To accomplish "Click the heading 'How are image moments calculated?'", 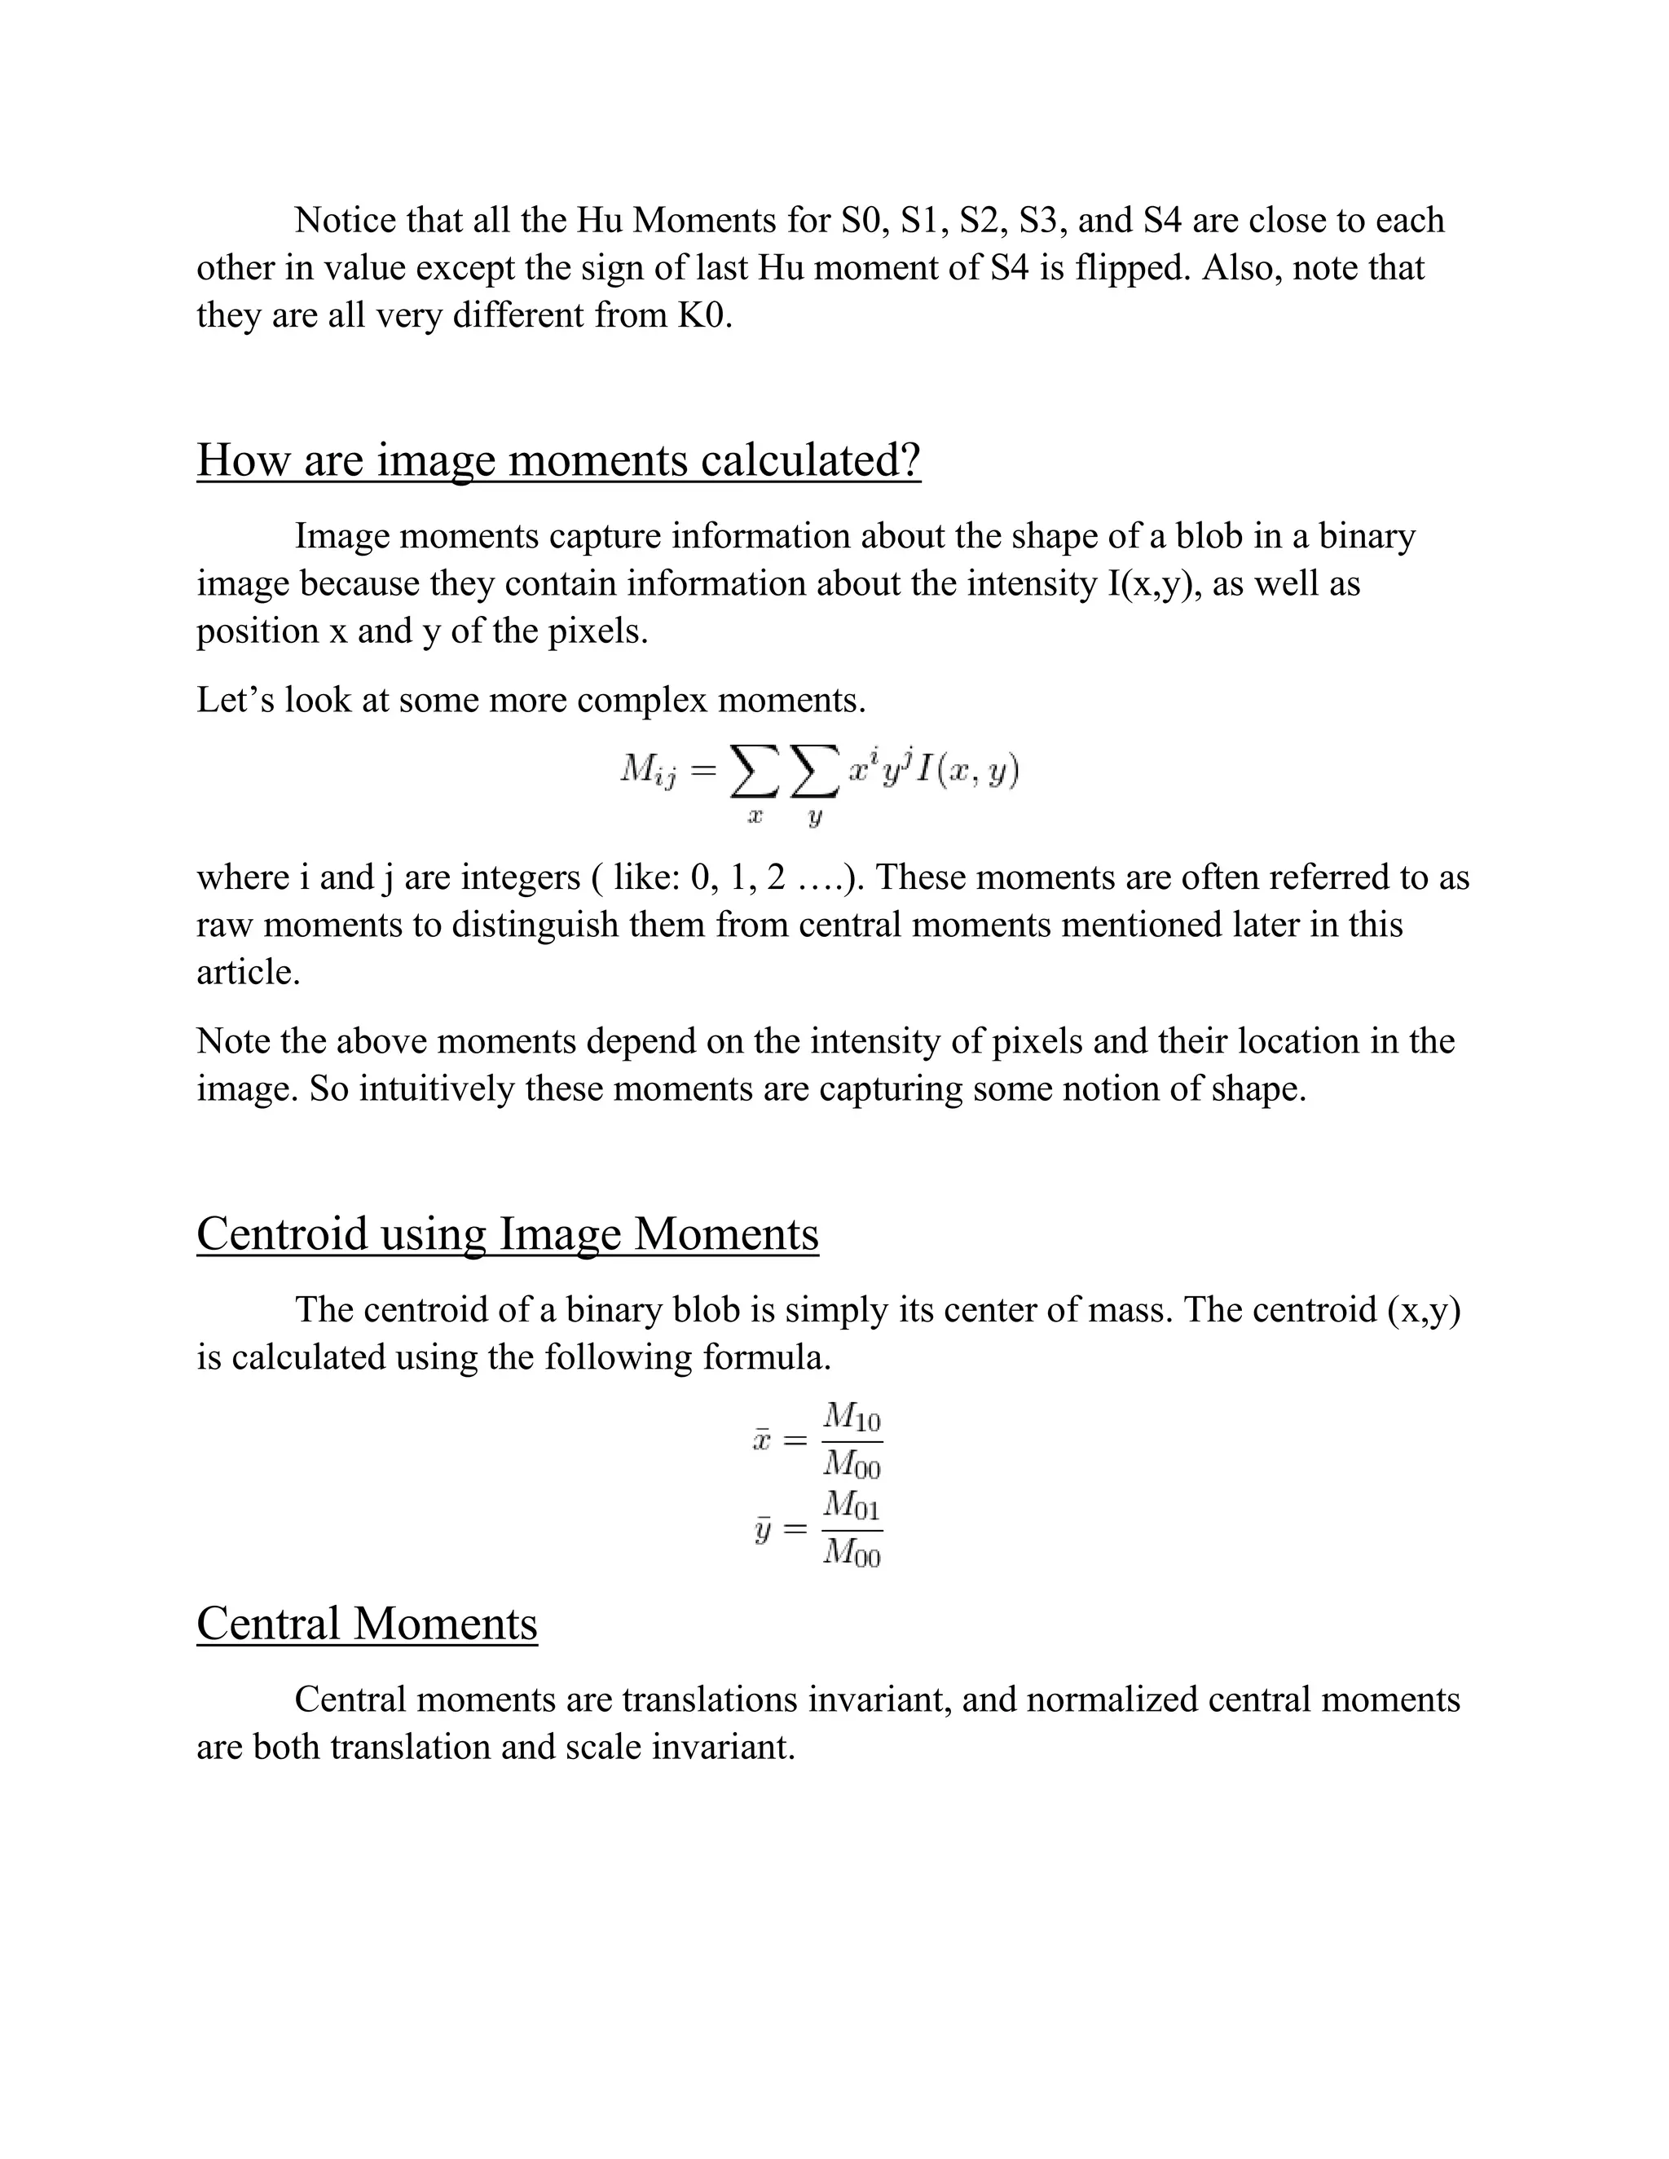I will pos(558,460).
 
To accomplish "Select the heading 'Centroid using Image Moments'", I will pos(507,1234).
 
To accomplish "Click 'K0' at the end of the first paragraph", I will pos(703,315).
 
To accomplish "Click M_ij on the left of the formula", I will pos(648,770).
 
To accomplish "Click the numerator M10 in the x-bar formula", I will pos(852,1418).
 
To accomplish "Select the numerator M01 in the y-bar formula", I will pos(852,1506).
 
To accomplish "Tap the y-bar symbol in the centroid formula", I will pos(761,1530).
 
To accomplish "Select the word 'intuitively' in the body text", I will pos(437,1089).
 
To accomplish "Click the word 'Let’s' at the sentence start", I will pos(232,701).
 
